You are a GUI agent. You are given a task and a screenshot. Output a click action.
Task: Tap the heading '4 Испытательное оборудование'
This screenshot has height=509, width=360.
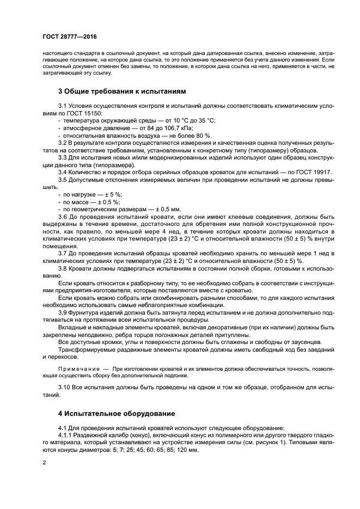[116, 413]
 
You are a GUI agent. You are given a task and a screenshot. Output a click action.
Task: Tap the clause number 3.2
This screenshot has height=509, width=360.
[63, 143]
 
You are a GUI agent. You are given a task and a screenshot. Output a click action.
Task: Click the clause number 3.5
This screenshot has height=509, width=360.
[63, 179]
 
